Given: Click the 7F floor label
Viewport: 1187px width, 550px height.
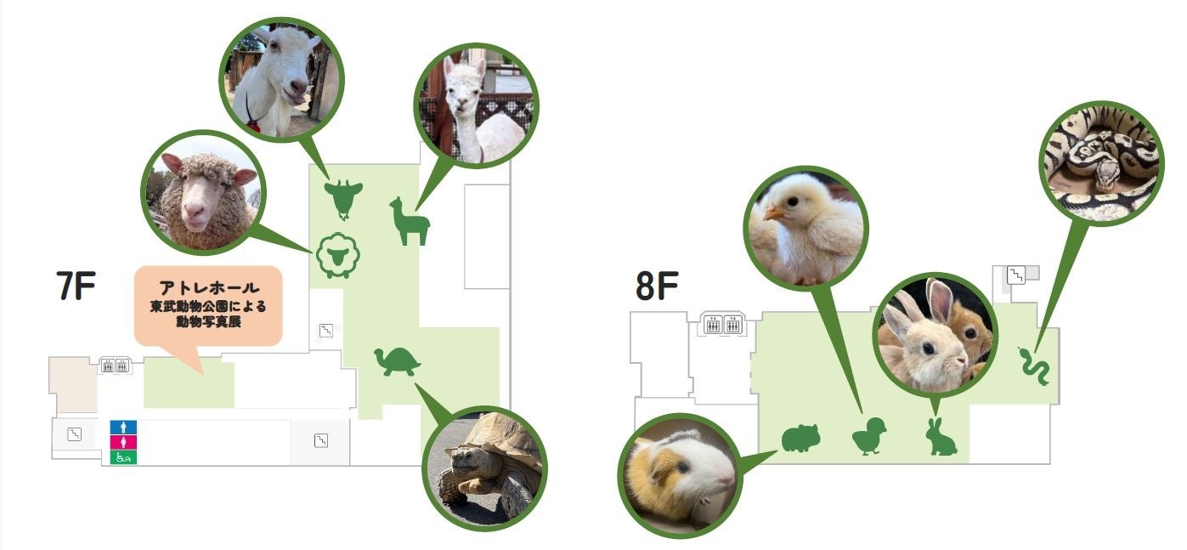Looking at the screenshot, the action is (75, 287).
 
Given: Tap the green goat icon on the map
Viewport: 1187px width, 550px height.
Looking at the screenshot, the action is (343, 198).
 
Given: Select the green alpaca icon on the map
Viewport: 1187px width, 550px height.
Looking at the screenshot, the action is (409, 221).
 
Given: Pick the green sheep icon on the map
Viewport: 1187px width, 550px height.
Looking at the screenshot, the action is (337, 254).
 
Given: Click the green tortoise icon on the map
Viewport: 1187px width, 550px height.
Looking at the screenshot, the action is (398, 362).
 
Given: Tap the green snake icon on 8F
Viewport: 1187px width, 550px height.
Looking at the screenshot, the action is (1035, 366).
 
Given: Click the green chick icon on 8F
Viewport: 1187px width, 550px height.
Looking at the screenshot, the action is (869, 437).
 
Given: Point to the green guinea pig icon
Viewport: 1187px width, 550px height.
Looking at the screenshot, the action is (800, 439).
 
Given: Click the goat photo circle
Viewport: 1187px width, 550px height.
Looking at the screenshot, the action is (281, 77).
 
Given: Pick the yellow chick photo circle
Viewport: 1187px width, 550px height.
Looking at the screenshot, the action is (806, 225).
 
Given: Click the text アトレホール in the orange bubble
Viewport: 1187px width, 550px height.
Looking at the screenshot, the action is (209, 288).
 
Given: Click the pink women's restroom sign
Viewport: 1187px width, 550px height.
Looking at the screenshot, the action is (123, 442).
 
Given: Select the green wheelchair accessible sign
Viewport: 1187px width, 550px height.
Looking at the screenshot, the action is (123, 457).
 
